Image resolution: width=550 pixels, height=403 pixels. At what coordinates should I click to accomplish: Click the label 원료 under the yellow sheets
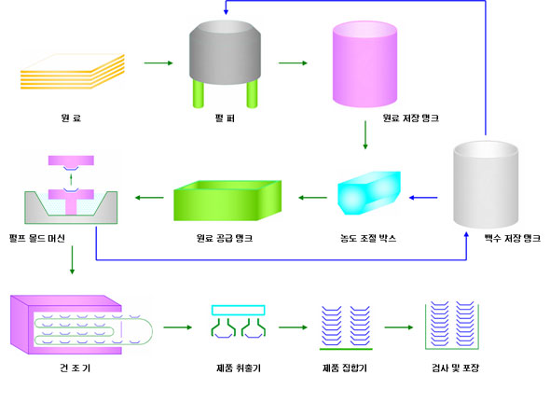pos(71,118)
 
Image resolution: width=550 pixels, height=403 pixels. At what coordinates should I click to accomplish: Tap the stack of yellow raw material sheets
pos(73,71)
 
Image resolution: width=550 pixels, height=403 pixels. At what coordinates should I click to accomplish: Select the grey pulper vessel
pos(225,52)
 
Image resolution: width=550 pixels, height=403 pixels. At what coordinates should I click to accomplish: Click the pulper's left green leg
pos(199,93)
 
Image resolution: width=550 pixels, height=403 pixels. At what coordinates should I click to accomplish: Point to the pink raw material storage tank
pos(364,63)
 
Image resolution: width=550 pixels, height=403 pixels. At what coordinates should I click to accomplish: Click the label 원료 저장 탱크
pos(411,118)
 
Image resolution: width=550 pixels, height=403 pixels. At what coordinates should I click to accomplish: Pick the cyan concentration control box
pos(369,193)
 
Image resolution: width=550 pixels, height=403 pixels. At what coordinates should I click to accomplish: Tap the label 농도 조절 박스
pos(368,239)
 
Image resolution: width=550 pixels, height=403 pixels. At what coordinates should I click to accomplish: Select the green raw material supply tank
pos(227,201)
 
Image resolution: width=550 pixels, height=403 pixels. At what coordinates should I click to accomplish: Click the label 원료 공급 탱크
pos(225,239)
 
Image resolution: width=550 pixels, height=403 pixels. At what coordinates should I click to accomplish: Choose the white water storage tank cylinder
pos(486,185)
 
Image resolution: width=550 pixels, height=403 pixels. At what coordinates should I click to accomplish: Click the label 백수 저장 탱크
pos(513,239)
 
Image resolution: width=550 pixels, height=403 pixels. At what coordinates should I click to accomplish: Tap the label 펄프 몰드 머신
pos(37,239)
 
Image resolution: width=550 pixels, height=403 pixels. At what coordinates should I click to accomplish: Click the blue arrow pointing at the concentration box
pos(423,198)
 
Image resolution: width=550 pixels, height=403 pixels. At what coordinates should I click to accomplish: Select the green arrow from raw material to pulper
pos(158,63)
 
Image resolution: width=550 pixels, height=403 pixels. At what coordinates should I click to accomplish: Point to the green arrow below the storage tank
pos(365,135)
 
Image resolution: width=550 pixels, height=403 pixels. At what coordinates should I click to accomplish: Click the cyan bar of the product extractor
pos(238,311)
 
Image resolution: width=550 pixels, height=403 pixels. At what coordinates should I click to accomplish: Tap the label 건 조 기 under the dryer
pos(76,368)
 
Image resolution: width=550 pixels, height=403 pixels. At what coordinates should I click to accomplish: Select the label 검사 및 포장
pos(455,368)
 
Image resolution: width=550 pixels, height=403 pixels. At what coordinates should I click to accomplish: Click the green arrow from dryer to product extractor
pos(178,327)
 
